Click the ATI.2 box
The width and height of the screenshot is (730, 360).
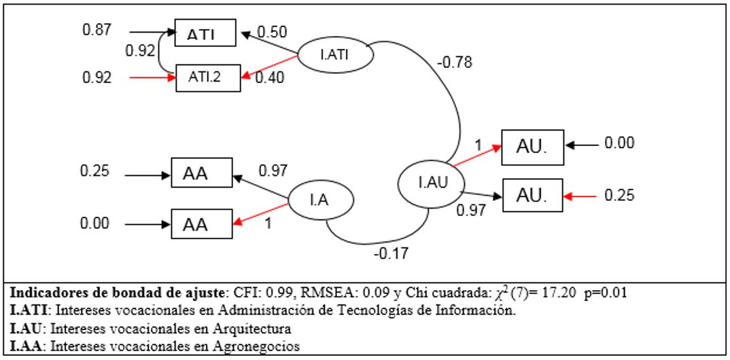[208, 78]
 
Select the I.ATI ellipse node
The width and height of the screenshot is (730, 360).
[338, 54]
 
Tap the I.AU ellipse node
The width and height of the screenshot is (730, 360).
[431, 181]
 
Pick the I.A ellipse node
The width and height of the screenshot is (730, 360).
[320, 200]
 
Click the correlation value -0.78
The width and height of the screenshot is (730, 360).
[455, 63]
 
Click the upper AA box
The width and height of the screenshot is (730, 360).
[201, 175]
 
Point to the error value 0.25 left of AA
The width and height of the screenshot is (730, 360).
[95, 172]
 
